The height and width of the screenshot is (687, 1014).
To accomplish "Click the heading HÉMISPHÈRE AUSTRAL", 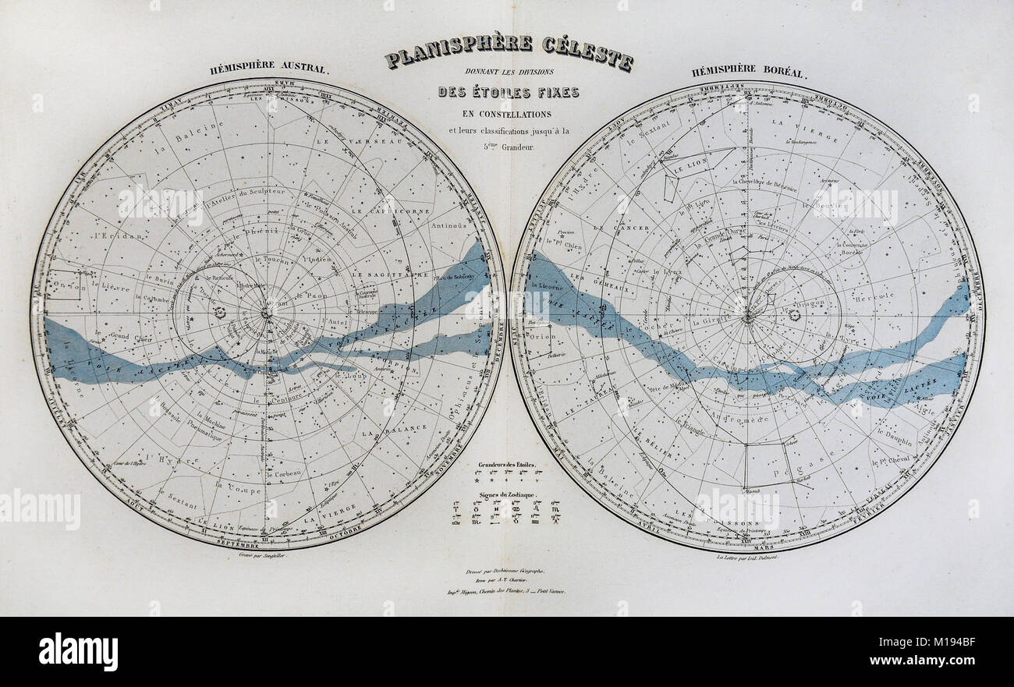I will tap(270, 68).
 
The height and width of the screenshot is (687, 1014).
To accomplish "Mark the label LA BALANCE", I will tap(399, 428).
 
